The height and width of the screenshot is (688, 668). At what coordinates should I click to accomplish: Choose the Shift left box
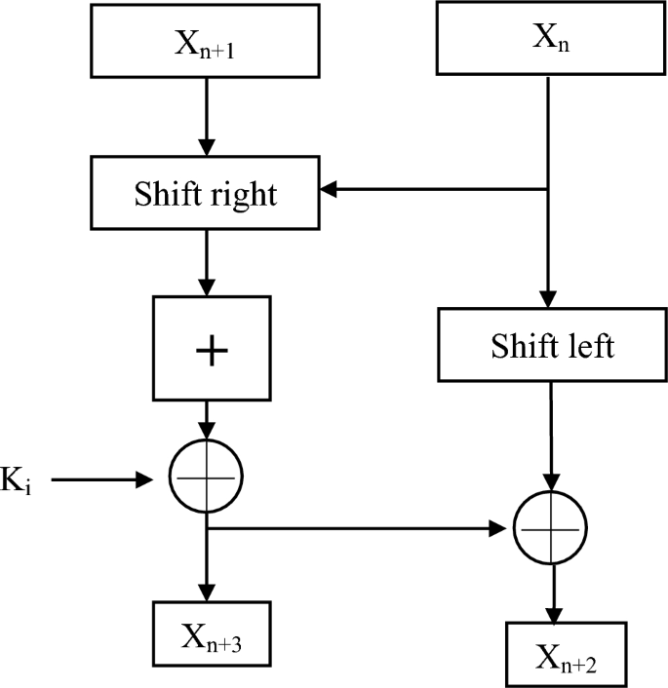click(x=552, y=345)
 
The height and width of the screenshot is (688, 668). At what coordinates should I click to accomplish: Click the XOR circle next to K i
click(x=206, y=478)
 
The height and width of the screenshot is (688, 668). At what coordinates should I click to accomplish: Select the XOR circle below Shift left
click(x=552, y=529)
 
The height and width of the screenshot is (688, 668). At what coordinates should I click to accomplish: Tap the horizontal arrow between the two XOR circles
click(x=361, y=529)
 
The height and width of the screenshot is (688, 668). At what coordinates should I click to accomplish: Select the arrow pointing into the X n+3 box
click(x=206, y=565)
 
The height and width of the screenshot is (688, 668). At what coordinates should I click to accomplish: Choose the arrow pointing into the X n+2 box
click(x=553, y=594)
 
